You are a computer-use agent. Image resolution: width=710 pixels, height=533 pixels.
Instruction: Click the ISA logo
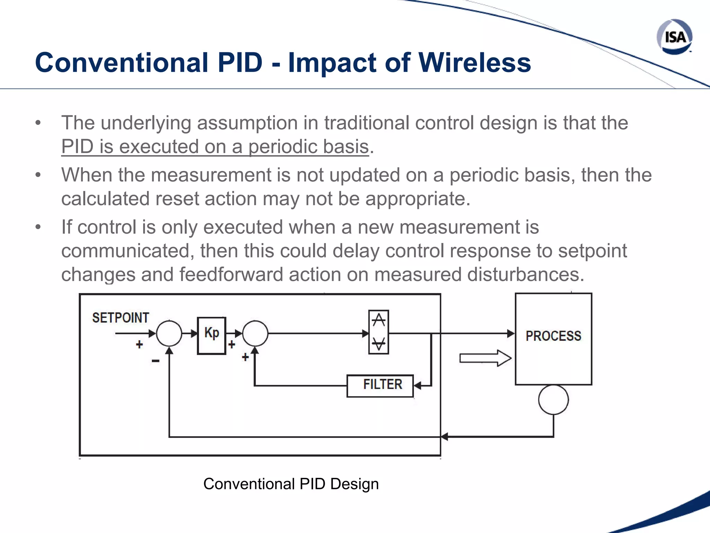(674, 37)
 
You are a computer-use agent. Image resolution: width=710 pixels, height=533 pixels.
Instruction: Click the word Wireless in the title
(475, 63)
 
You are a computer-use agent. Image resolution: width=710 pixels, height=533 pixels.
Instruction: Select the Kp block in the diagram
(211, 335)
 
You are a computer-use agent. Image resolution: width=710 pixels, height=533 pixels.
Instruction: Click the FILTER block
(380, 385)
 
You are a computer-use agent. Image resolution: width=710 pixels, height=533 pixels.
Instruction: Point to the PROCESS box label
(553, 336)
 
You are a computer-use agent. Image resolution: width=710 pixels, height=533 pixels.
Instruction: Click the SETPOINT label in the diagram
(120, 318)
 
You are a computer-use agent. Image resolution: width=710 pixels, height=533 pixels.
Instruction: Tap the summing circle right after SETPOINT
(169, 333)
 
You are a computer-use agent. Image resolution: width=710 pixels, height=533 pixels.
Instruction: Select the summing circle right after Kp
(255, 333)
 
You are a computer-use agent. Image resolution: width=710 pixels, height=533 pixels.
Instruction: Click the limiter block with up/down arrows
(379, 332)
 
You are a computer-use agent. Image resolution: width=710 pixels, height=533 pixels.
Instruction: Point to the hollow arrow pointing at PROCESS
(485, 358)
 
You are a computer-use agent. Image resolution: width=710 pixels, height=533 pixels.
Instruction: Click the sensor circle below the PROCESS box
(553, 399)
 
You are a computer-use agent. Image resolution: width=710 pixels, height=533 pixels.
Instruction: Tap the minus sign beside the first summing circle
(155, 361)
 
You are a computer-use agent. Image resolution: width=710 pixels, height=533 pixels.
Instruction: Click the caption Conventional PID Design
(291, 484)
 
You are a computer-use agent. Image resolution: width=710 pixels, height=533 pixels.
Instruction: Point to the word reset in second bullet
(177, 199)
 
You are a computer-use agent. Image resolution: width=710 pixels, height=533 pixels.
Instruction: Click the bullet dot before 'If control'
(38, 227)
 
